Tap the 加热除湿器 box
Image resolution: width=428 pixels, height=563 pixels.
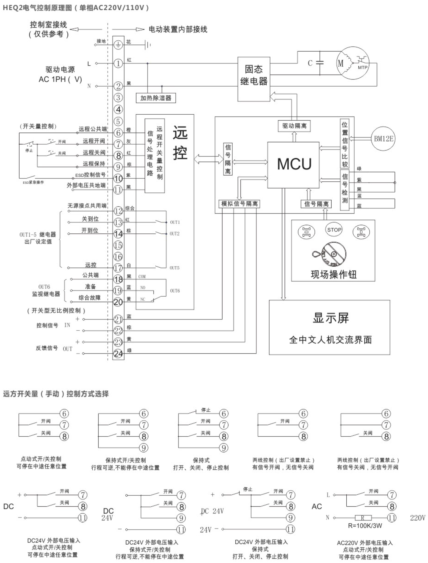tap(156, 98)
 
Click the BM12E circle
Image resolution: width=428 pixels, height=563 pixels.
tap(383, 139)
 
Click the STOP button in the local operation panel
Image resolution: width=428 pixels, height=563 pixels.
tap(334, 230)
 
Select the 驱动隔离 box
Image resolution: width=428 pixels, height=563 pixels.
tap(294, 126)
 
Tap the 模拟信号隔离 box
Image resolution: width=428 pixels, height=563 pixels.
tap(239, 204)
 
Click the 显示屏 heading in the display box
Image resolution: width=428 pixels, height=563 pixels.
tap(330, 318)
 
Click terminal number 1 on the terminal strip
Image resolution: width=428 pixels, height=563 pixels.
tap(118, 63)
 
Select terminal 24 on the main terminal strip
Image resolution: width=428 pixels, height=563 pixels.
tap(118, 354)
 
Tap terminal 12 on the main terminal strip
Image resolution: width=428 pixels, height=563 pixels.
tap(118, 211)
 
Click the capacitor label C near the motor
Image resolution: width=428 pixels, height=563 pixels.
tap(310, 63)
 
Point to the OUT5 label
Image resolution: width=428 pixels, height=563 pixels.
tap(175, 268)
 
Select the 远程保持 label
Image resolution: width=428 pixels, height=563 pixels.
tap(94, 164)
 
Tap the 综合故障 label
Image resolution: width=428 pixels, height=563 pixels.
tap(90, 298)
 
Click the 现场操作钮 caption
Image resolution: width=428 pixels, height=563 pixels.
tap(334, 274)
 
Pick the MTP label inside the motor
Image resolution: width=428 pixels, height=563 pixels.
tap(363, 68)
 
